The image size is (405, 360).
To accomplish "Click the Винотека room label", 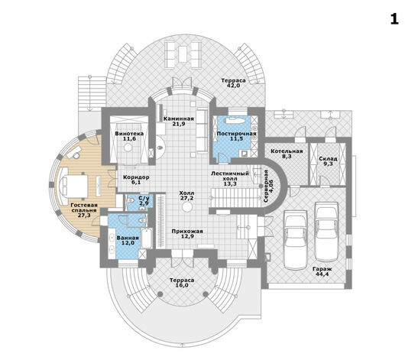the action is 129,134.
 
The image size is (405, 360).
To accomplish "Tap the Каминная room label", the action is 179,119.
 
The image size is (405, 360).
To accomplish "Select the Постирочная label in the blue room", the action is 236,134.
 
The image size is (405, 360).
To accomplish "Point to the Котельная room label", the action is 287,151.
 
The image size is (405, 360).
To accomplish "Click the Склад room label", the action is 328,159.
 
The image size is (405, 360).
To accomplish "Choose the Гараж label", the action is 322,269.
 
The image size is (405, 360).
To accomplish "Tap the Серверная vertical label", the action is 266,186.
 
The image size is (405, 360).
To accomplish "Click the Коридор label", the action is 136,177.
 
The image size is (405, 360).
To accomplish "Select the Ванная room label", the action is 128,238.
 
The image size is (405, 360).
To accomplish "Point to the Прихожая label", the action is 187,232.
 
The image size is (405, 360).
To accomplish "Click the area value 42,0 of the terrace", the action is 233,86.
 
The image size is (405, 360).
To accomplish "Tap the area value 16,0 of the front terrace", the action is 182,285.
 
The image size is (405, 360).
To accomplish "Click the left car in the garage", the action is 295,240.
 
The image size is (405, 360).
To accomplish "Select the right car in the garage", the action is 326,232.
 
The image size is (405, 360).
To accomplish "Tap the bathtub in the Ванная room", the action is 147,238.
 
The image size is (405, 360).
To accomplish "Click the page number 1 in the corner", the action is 394,19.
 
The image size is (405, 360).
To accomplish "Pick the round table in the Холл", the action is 186,207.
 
